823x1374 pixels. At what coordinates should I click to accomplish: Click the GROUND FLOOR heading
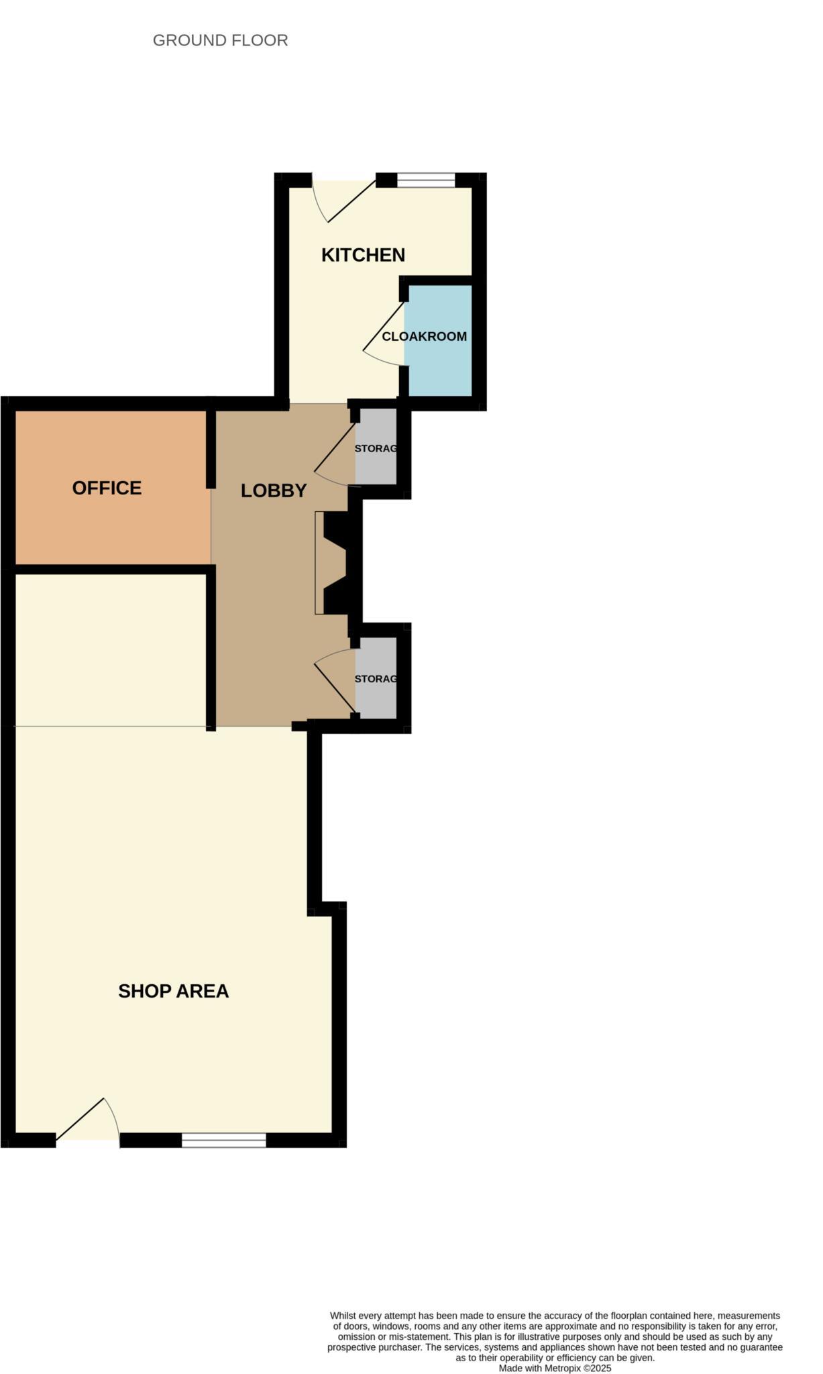coord(220,40)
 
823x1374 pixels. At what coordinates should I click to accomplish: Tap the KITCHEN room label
coord(363,255)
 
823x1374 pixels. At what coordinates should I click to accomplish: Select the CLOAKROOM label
coord(424,336)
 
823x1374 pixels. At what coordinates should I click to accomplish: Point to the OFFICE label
coord(107,488)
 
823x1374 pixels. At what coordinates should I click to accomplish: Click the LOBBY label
coord(274,490)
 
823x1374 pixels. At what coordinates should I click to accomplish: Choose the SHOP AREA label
coord(173,991)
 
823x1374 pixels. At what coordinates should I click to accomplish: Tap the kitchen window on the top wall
coord(426,180)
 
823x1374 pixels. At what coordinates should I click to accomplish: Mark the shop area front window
coord(224,1140)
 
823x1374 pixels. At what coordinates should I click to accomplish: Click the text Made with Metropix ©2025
coord(555,1368)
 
